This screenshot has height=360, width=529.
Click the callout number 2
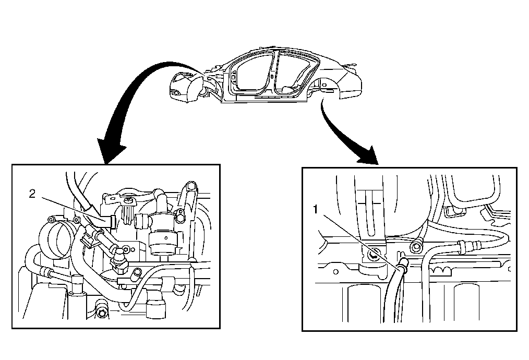pyautogui.click(x=32, y=194)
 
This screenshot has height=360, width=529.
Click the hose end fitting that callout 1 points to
pyautogui.click(x=402, y=269)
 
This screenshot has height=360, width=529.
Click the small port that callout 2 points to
pyautogui.click(x=111, y=221)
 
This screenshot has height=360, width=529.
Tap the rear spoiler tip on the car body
pyautogui.click(x=355, y=67)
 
